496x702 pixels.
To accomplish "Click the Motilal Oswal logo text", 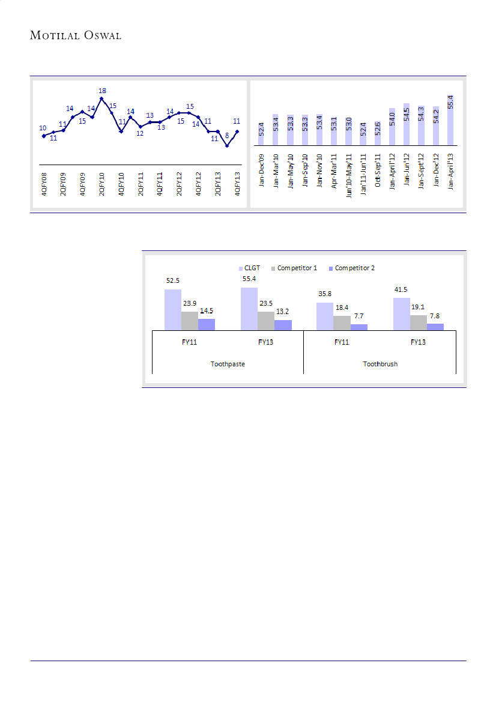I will point(76,35).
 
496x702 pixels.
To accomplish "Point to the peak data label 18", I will point(102,91).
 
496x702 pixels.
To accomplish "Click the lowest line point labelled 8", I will point(227,146).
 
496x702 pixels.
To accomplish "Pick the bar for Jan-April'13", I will point(450,120).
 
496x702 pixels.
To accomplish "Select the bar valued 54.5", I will point(407,124).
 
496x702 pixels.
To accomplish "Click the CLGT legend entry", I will point(249,268).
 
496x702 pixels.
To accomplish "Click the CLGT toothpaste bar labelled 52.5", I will point(173,309).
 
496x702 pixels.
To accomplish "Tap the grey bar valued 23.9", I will point(190,321).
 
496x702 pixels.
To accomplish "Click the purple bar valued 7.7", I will point(359,327).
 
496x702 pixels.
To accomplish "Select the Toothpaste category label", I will point(228,364).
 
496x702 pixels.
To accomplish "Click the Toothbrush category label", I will point(380,364).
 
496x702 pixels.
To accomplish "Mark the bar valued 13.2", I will point(283,324).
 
